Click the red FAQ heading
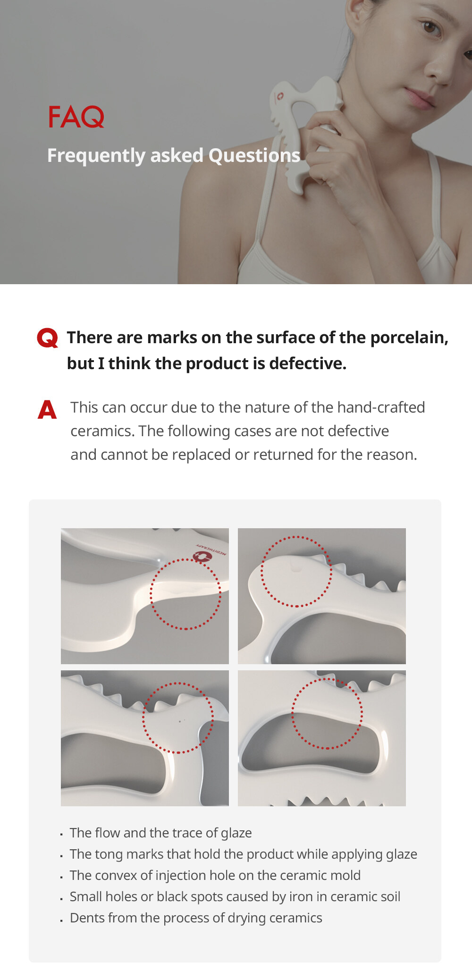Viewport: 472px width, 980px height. coord(76,117)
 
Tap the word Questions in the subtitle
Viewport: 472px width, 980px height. coord(254,156)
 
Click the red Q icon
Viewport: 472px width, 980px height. coord(48,338)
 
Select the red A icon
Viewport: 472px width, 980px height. coord(47,409)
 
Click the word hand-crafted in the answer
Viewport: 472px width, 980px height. coord(381,407)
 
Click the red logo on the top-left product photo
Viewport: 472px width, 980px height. coord(202,556)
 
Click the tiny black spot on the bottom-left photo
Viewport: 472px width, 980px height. coord(179,721)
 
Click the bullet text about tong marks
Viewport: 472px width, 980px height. coord(243,854)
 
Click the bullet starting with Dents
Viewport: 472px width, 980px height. coord(196,918)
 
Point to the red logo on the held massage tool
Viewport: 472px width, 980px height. coord(280,96)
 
